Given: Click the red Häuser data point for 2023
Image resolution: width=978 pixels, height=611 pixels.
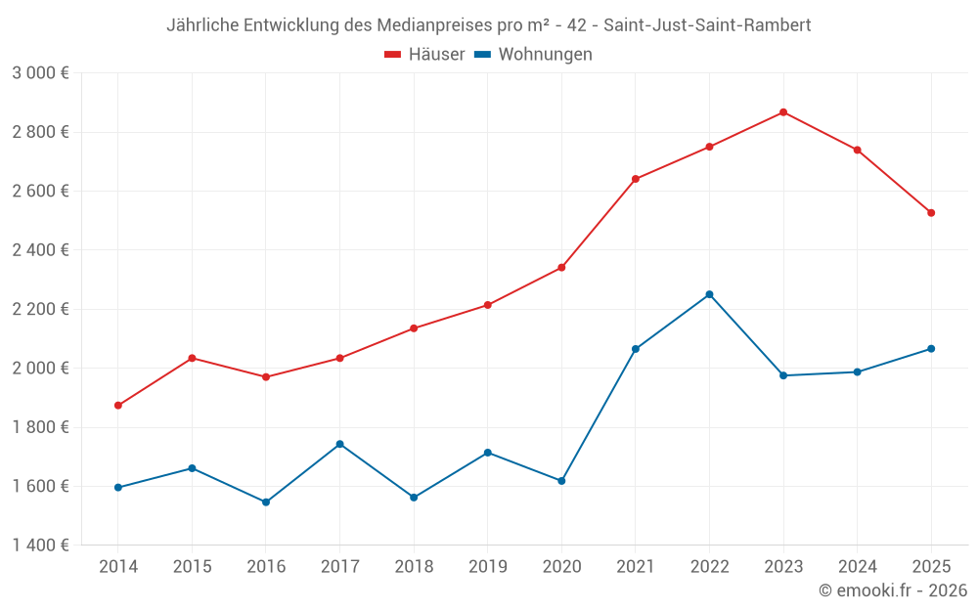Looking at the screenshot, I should coord(783,112).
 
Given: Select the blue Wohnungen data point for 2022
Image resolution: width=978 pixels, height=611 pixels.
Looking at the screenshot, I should coord(709,294).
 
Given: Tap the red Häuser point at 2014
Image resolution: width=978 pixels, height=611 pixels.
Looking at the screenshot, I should coord(118,406).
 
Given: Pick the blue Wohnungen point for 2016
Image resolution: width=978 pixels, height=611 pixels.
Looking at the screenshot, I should coord(266,502).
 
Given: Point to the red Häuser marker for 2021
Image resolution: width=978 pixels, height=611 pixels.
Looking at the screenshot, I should coord(636,179).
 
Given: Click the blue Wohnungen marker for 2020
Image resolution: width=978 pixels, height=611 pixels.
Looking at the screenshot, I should coord(561,481).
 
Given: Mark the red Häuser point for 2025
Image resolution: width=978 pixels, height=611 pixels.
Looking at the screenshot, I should coord(931,213).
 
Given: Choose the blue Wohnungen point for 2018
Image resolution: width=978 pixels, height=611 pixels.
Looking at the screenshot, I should coord(414,498).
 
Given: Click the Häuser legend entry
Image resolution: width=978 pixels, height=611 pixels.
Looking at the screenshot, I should coord(424,55).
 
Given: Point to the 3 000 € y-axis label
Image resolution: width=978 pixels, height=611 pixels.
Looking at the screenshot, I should coord(41,73).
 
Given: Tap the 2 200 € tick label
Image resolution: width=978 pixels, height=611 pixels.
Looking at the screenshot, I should coord(41,310).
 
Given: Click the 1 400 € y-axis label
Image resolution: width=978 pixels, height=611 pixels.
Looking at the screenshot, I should coord(41,546).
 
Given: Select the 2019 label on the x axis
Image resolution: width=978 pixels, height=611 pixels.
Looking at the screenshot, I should coord(487,567).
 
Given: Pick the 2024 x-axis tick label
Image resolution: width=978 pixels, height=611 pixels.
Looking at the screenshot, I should coord(857,567).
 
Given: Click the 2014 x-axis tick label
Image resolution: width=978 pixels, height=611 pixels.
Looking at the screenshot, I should coord(118,567).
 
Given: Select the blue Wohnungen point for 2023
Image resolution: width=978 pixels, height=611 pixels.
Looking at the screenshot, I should coord(783,375).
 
